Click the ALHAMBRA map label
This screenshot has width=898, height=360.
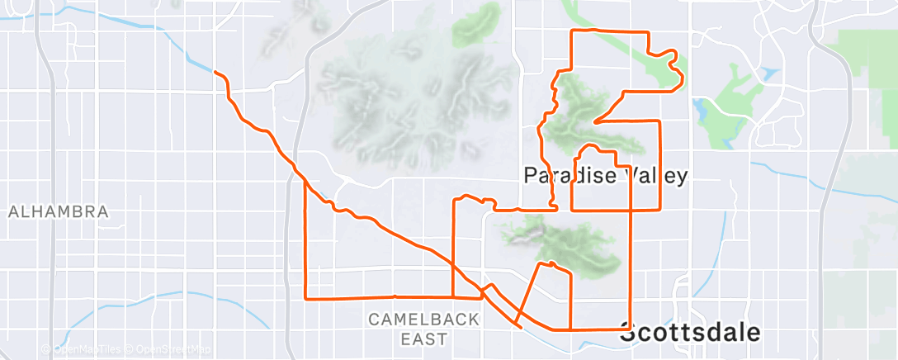click(x=59, y=212)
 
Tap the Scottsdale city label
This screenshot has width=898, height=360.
click(x=689, y=334)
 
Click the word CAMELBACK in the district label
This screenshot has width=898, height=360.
click(x=423, y=320)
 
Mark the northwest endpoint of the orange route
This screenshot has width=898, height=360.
click(x=215, y=73)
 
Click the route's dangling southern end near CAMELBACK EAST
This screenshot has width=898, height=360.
click(x=520, y=327)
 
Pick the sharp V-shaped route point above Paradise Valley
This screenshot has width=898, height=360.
click(x=594, y=123)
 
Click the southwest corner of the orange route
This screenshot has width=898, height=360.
click(x=306, y=298)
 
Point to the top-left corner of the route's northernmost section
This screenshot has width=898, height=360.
click(x=574, y=31)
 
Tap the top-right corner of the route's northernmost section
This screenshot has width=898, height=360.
click(x=649, y=32)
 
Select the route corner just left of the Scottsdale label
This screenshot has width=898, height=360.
click(x=631, y=328)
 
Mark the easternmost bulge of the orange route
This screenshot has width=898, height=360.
click(x=683, y=78)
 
